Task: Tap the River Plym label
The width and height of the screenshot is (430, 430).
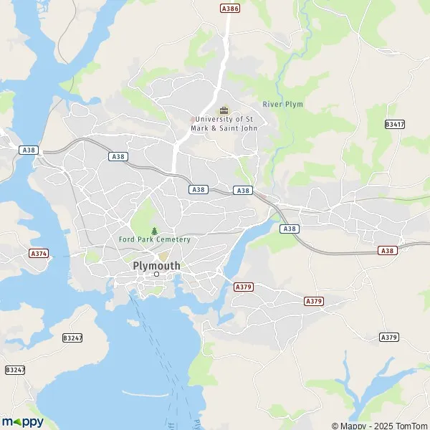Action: point(282,105)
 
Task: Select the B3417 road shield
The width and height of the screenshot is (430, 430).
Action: point(394,124)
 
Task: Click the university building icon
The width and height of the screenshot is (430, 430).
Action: point(224,110)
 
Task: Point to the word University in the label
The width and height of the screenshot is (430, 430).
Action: point(214,119)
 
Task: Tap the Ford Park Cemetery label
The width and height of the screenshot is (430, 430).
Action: point(155,239)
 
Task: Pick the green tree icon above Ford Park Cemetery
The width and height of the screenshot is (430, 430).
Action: point(154,230)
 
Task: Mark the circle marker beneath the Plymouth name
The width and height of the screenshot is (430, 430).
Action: point(156,274)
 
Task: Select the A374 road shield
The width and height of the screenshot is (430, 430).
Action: point(38,254)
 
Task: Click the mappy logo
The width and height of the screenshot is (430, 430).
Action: point(22,421)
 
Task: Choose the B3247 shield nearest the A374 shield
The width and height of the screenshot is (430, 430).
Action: point(72,337)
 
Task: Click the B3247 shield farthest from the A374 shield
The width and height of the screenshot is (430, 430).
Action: point(14,370)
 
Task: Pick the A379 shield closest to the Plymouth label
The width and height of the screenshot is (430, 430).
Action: point(244,287)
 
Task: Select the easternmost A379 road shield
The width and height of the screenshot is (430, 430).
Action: point(388,337)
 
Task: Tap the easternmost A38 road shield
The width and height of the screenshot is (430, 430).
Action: point(388,251)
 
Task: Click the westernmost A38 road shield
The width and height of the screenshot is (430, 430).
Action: point(29,150)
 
